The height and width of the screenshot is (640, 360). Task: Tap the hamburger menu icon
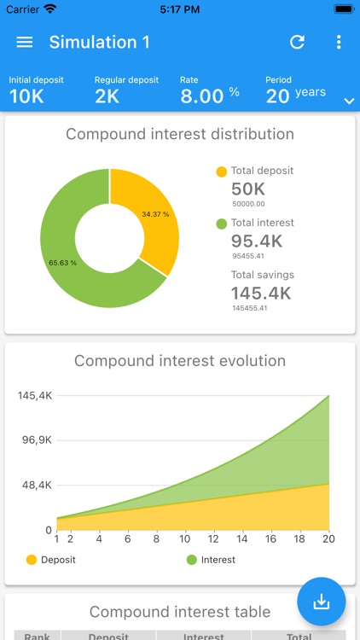coord(25,43)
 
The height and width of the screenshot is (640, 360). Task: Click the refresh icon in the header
coord(297,43)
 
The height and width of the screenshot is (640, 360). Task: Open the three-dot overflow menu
coord(339,43)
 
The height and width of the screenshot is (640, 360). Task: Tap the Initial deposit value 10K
coord(26,96)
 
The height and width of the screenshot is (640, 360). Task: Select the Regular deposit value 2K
coord(107,96)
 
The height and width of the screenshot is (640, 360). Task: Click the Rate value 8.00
coord(201,96)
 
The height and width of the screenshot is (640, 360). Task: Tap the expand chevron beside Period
coord(348,101)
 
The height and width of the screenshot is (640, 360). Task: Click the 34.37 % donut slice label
coord(155,214)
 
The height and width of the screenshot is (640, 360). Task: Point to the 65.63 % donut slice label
coord(63,263)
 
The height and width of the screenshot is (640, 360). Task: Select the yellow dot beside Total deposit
coord(222,172)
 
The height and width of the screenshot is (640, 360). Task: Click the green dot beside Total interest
coord(222,224)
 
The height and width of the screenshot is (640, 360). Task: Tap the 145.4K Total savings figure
coord(261,294)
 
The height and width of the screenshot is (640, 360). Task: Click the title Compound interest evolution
coord(180,361)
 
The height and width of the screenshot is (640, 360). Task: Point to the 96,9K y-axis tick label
coord(35,440)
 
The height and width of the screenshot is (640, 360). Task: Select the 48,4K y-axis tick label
coord(35,486)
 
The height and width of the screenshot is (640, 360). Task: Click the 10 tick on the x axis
coord(184,538)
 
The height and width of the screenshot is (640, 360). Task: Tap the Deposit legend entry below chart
coord(51,560)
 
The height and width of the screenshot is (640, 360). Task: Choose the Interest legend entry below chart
coord(211,560)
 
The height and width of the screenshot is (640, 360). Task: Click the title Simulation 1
coord(93,43)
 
